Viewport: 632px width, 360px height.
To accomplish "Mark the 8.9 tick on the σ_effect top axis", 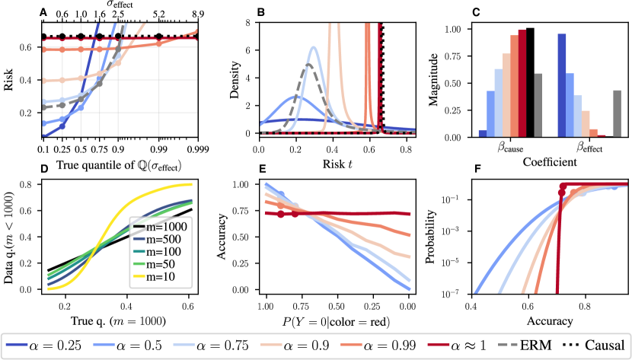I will pos(196,14).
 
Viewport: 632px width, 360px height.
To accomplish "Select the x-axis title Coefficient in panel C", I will pos(544,161).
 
